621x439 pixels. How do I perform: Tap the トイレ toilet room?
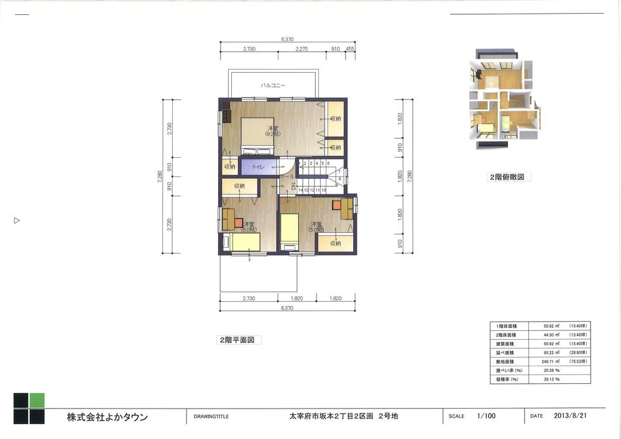pos(257,168)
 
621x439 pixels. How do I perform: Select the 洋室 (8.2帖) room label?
pos(272,130)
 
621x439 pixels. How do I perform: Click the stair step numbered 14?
pos(301,190)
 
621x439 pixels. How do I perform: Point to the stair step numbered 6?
pos(328,163)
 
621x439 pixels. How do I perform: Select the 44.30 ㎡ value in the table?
pos(551,335)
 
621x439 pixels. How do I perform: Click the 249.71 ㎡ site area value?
pos(551,361)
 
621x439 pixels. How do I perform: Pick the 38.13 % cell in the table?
pos(551,378)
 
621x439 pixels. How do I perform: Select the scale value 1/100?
pos(485,417)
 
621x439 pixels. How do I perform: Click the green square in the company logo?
pos(37,401)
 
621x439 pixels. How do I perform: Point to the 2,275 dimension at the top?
pos(302,48)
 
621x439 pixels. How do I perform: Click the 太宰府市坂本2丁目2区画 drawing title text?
pos(343,417)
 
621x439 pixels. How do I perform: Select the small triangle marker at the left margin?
pos(17,220)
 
